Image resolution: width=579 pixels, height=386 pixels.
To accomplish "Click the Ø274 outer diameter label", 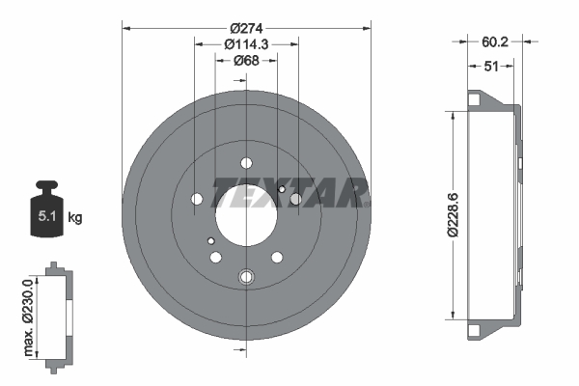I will click(x=246, y=28).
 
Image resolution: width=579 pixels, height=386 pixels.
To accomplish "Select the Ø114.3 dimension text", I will click(x=245, y=44).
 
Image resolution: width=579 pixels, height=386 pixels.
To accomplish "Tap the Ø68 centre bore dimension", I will click(x=245, y=62).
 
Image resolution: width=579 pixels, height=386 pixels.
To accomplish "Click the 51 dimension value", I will click(x=491, y=66).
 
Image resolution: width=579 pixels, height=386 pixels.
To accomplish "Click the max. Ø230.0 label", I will click(x=29, y=316).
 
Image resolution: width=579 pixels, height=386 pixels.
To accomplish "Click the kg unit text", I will click(x=75, y=218).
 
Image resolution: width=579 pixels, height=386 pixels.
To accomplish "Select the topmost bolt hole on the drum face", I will click(x=245, y=162).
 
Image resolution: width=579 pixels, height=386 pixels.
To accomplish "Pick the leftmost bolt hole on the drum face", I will click(x=198, y=200).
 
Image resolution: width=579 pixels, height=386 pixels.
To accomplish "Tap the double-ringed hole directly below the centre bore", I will click(x=245, y=277).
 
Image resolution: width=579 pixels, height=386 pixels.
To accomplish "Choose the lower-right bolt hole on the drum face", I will click(x=277, y=258).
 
